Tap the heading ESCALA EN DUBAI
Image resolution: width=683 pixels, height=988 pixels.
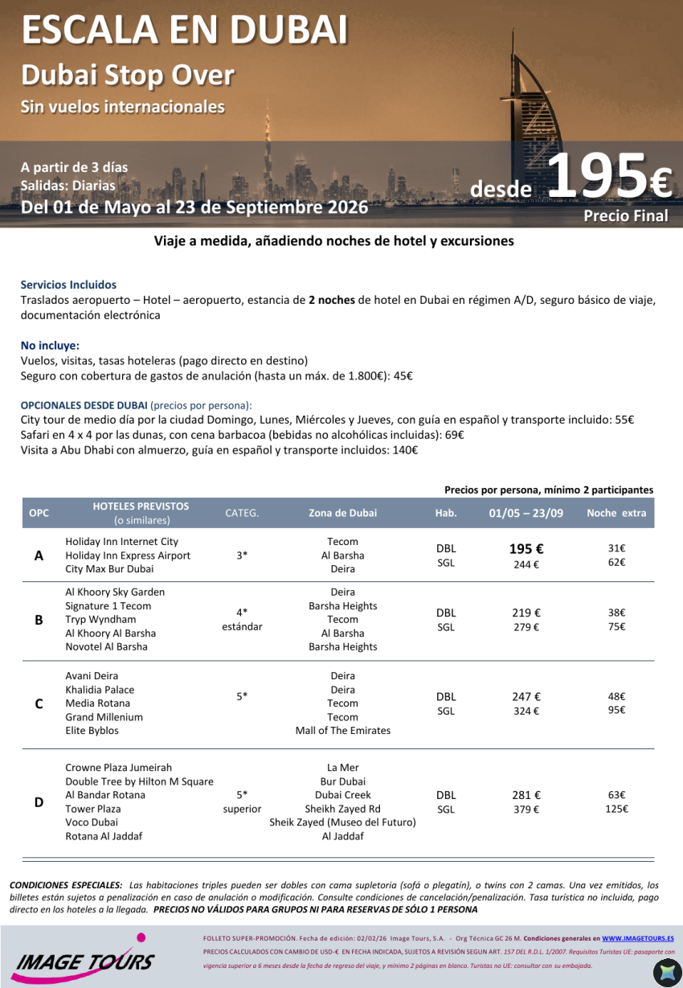185,31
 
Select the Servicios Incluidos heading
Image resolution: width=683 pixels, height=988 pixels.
68,285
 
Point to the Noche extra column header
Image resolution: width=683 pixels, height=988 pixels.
616,513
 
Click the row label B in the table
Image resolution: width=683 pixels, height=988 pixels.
39,620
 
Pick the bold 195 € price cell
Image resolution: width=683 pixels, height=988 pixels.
526,549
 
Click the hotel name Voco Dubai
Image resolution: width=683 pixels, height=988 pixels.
92,822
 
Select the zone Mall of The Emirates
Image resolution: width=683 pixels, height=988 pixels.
342,731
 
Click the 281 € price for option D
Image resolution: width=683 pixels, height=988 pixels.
526,796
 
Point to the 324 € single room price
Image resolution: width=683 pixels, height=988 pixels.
526,711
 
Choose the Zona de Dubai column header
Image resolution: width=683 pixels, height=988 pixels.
342,513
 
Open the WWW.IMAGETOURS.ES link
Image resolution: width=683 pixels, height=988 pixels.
637,938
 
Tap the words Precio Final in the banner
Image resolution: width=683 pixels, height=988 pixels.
625,215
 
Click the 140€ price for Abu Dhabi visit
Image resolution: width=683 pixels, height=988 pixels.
404,450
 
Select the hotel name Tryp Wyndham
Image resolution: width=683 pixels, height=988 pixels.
100,620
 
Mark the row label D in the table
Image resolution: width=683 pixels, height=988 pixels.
39,802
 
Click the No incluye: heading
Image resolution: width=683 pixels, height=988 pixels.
50,346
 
